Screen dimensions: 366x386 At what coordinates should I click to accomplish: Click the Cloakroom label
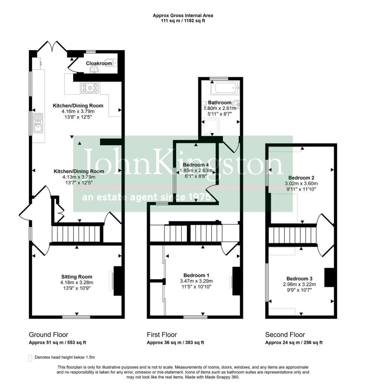tap(99, 63)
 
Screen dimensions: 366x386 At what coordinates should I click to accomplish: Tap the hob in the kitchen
tap(90, 87)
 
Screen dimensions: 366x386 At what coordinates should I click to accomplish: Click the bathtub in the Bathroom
tap(225, 87)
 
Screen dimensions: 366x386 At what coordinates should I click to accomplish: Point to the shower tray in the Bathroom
tap(211, 126)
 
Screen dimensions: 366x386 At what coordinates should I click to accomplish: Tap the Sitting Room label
tap(77, 277)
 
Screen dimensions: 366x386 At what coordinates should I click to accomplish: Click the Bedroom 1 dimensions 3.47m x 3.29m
tap(197, 281)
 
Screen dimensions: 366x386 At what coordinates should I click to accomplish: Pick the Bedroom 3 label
tap(300, 279)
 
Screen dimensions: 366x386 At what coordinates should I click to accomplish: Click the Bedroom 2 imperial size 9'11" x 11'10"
tap(301, 189)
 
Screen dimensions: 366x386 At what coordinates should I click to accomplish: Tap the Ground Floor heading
tap(49, 335)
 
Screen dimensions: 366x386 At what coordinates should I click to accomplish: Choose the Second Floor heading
tap(285, 335)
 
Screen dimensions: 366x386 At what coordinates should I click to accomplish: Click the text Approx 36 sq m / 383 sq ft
tap(175, 343)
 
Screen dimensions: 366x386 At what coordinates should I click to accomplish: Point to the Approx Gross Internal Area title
tap(183, 15)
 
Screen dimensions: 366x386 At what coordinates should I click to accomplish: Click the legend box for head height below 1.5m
tap(30, 358)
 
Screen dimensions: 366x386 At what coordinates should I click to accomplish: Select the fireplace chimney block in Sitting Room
tap(118, 281)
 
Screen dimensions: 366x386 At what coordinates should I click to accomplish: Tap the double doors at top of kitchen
tap(52, 46)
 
